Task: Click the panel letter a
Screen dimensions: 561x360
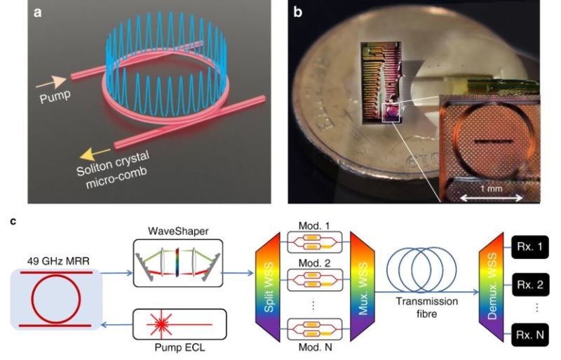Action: click(x=37, y=13)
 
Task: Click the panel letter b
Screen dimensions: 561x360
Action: click(x=297, y=12)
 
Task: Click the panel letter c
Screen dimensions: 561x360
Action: click(x=13, y=221)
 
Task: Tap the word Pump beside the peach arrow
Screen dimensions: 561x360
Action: click(x=55, y=97)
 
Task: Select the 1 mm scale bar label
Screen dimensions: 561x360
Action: click(x=492, y=188)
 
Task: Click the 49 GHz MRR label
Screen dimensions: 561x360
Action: click(x=58, y=261)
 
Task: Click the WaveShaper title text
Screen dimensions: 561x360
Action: click(x=178, y=232)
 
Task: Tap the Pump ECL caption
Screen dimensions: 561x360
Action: click(x=180, y=347)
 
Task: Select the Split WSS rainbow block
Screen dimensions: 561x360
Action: click(x=268, y=286)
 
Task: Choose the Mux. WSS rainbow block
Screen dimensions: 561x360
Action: click(x=363, y=286)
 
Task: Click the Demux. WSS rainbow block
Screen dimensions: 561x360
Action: click(x=492, y=286)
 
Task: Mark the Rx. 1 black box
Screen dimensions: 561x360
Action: click(x=530, y=247)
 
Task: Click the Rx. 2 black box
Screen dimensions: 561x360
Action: click(x=530, y=285)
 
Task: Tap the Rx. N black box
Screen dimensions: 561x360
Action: click(x=530, y=335)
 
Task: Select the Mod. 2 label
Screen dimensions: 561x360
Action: click(x=314, y=263)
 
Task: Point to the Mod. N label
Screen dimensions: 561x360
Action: click(x=315, y=347)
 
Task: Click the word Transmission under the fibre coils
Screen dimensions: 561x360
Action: click(x=427, y=301)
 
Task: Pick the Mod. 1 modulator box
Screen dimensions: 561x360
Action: click(x=315, y=243)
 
